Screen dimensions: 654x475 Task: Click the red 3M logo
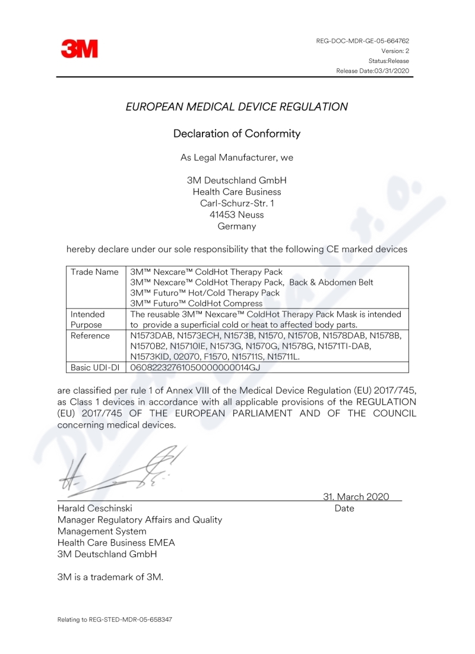[79, 49]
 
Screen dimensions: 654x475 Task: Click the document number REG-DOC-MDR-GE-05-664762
[363, 40]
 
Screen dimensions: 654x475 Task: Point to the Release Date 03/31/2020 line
[372, 71]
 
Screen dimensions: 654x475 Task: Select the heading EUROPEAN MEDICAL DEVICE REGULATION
[237, 107]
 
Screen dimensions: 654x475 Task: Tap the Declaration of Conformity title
[237, 134]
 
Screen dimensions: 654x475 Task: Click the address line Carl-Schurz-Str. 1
[237, 203]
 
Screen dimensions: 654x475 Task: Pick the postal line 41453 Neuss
[237, 215]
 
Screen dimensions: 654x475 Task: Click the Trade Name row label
[94, 272]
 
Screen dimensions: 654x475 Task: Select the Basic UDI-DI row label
[94, 368]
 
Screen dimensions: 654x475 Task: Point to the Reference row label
[90, 336]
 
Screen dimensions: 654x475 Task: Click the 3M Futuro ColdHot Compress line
[197, 303]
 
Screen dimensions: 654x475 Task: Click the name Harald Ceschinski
[94, 508]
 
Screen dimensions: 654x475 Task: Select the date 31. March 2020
[356, 496]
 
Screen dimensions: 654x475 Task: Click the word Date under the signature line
[344, 508]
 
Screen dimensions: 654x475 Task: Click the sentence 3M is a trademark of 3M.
[110, 577]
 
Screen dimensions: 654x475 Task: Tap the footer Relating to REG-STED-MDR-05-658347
[115, 619]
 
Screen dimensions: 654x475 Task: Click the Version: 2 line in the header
[395, 51]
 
